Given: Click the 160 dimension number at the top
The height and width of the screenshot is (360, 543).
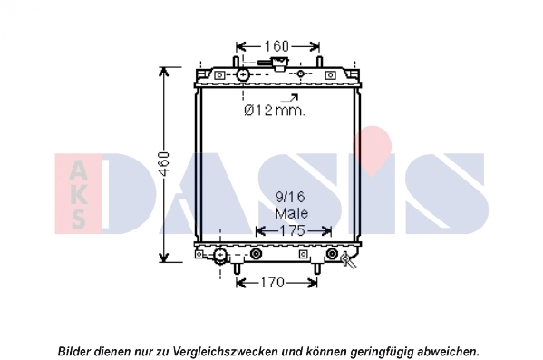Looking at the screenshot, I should click(276, 45).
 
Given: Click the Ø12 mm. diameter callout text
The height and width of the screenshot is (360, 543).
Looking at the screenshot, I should click(274, 111).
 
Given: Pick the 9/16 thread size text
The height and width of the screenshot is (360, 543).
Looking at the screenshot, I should click(291, 196).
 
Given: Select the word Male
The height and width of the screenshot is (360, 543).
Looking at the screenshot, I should click(291, 213).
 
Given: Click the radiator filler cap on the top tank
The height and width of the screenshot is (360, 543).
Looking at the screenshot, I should click(275, 64).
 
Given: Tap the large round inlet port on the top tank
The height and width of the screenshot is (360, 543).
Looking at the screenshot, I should click(243, 74).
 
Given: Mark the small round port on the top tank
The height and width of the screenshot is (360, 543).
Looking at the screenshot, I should click(301, 73).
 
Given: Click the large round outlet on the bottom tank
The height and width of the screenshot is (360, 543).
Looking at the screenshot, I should click(219, 255).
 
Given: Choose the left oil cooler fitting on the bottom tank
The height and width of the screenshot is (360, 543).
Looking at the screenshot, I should click(256, 254).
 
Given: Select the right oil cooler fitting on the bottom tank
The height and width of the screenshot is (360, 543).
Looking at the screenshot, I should click(332, 254).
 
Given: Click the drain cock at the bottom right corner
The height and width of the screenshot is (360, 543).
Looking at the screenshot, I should click(349, 261).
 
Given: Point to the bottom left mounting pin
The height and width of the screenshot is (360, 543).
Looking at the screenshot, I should click(238, 268).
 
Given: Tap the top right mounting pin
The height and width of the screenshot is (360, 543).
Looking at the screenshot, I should click(318, 62).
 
